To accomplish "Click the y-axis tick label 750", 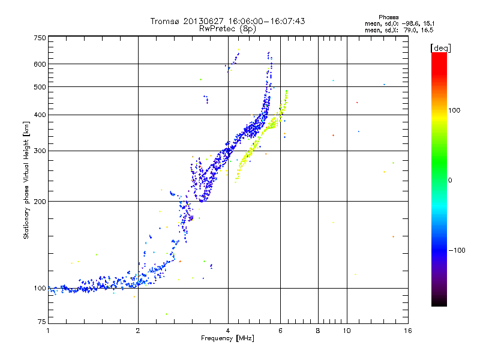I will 40,37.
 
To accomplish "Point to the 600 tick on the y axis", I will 40,64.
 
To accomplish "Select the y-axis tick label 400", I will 40,115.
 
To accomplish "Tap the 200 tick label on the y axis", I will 40,201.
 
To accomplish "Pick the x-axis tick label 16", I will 407,330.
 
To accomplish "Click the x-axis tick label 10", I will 346,330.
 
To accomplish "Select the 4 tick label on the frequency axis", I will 228,330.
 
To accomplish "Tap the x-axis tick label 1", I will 48,330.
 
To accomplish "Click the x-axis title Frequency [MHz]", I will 227,338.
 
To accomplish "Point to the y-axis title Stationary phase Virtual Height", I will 26,180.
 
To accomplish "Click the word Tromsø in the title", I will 166,21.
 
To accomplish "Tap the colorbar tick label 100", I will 455,110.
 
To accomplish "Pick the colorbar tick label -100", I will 457,250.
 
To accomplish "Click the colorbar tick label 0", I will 450,180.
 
